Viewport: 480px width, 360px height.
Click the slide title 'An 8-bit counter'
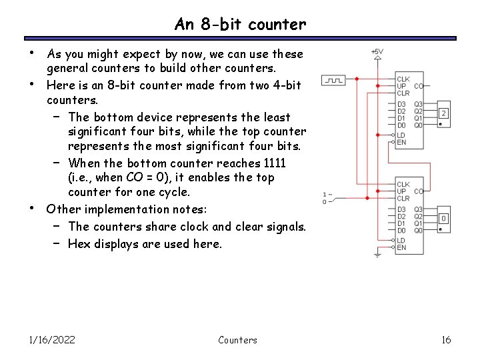point(240,25)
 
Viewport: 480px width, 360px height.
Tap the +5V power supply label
point(377,51)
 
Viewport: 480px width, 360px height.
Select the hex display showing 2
point(443,114)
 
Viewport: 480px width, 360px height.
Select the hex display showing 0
point(443,219)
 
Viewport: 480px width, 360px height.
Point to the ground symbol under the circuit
point(377,254)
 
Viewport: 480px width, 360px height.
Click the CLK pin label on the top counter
point(403,79)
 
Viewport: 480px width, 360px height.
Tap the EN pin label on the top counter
point(401,141)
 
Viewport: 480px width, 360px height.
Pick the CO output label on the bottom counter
point(419,191)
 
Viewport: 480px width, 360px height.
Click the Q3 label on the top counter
point(418,104)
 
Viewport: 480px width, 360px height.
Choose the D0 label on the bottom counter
point(401,230)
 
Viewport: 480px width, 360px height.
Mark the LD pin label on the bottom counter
point(401,240)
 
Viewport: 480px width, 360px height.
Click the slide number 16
point(446,340)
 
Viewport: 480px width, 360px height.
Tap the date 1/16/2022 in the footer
point(52,340)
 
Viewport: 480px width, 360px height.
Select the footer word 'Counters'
point(237,340)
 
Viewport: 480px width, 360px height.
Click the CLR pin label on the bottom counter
point(403,198)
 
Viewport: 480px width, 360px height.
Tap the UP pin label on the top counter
point(401,87)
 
